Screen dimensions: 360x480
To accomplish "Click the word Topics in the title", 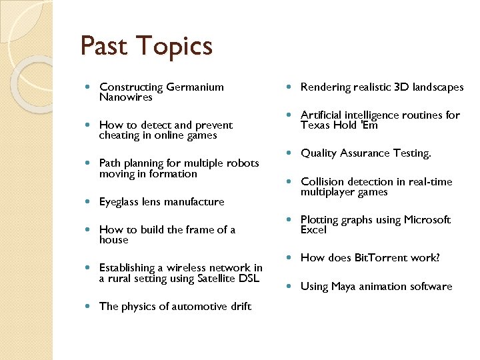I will point(175,47).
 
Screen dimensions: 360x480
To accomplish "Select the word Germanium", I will point(195,87).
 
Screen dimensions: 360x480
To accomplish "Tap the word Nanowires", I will point(126,97).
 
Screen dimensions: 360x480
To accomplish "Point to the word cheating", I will point(121,135).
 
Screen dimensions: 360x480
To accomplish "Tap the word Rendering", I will point(325,87).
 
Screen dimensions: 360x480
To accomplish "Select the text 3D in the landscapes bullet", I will point(401,87).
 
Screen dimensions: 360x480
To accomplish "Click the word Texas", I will point(315,125).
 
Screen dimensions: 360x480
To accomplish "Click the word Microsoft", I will point(427,220).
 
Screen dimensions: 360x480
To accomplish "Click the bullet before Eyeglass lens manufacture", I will point(89,202).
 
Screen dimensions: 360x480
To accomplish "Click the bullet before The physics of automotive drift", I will point(89,307).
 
